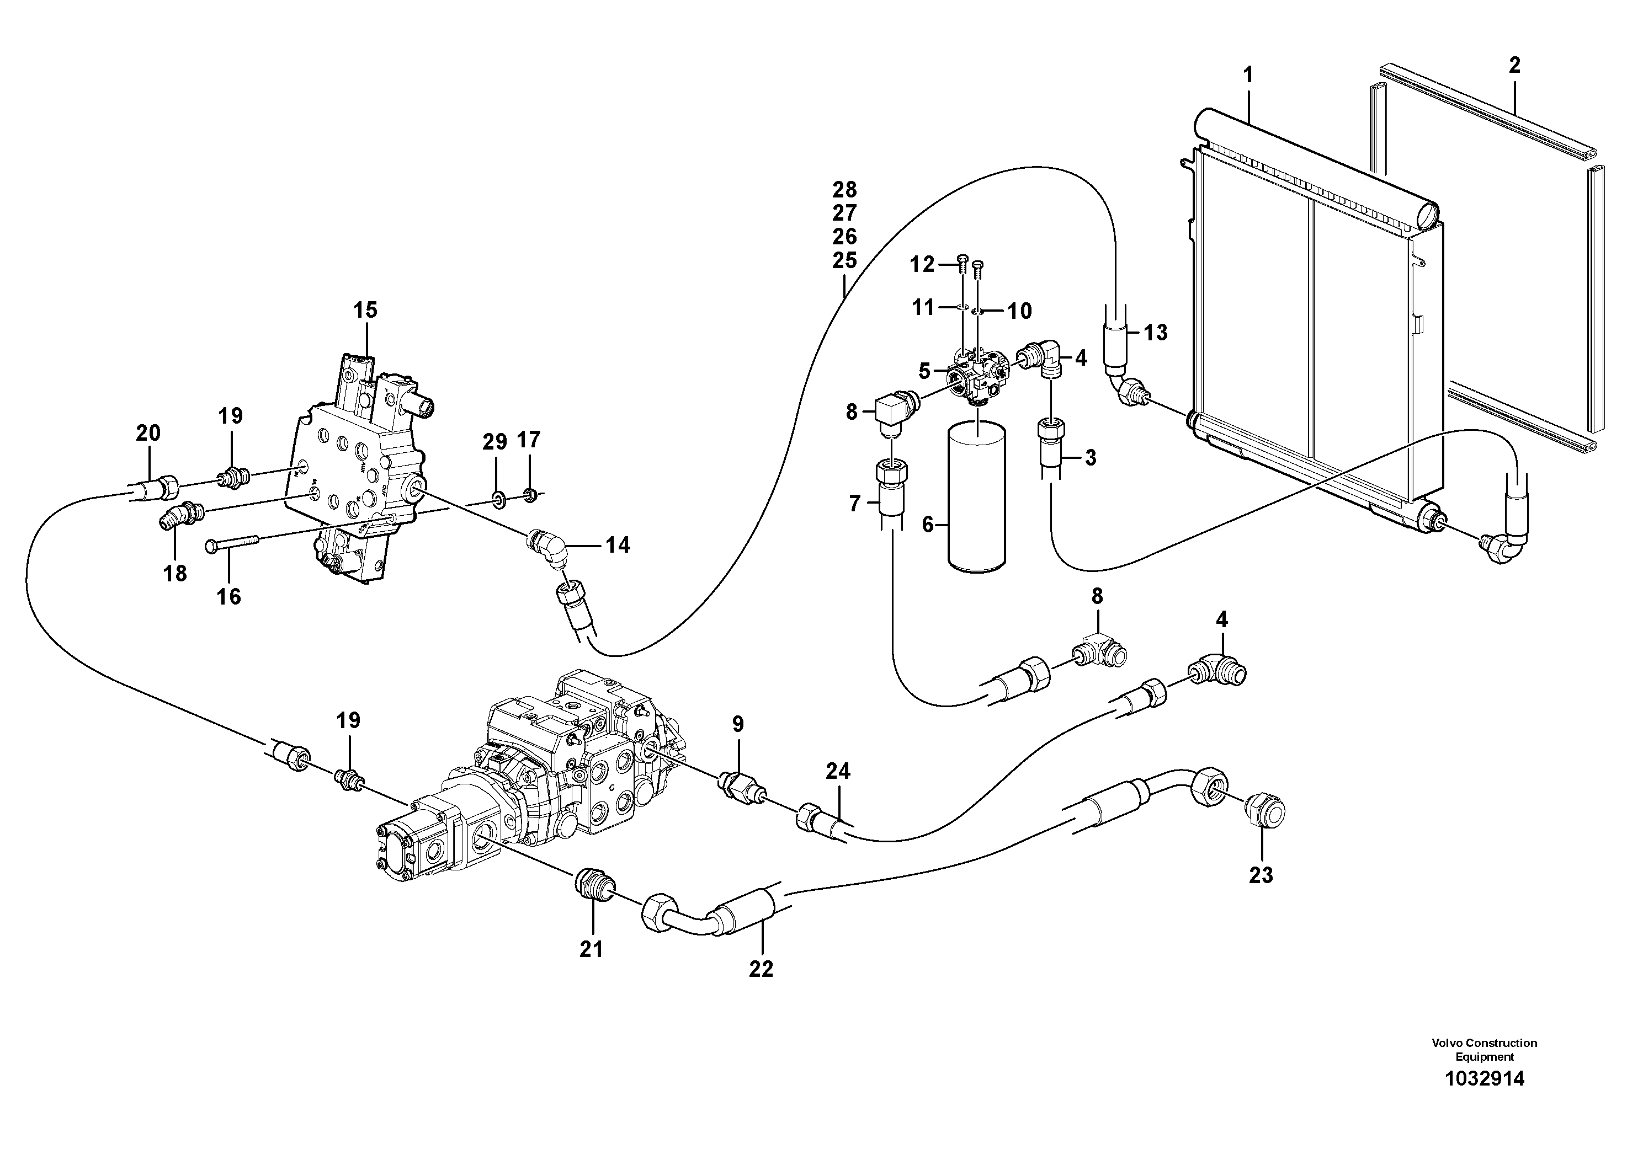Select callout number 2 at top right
click(1514, 66)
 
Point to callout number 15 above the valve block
click(365, 311)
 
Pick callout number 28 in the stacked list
click(844, 190)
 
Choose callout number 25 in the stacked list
click(844, 260)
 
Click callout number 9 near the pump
click(738, 724)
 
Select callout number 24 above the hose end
click(838, 771)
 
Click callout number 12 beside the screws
click(922, 265)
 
